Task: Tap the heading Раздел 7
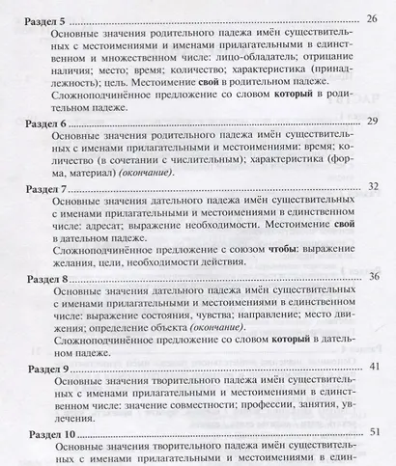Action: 35,187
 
